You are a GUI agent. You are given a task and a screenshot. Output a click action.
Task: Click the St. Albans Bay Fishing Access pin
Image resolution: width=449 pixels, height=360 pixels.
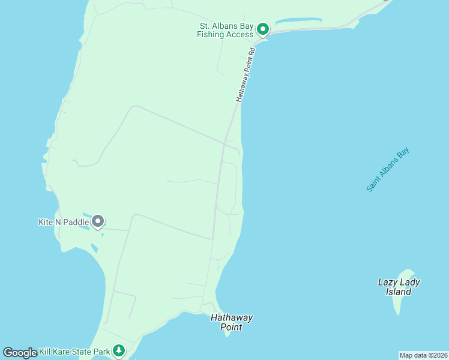(x=262, y=29)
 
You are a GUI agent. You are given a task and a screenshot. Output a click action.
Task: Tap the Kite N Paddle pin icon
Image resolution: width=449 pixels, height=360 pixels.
(x=97, y=222)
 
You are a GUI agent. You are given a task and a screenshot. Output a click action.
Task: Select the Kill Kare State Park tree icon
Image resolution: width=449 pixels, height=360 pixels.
(x=119, y=350)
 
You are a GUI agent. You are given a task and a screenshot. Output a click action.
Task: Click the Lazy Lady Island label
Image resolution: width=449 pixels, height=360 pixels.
(x=399, y=287)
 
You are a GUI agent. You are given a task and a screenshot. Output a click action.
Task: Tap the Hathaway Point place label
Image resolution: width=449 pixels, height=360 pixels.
(x=231, y=322)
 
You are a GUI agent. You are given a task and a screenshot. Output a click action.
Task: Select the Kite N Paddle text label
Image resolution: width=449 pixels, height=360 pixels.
(x=64, y=222)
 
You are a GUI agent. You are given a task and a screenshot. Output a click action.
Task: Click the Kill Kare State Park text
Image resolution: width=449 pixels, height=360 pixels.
(x=75, y=351)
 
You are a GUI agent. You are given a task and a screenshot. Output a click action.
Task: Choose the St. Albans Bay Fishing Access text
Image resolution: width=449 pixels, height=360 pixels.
(x=225, y=30)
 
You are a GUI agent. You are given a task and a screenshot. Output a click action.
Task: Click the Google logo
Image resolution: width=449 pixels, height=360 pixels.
(x=20, y=353)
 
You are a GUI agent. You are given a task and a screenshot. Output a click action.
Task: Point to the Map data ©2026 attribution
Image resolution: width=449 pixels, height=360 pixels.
(x=423, y=355)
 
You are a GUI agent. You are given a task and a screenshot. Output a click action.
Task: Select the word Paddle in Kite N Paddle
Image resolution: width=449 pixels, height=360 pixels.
(x=76, y=222)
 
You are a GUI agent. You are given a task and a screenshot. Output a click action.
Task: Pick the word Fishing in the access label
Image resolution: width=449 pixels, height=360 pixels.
(x=211, y=34)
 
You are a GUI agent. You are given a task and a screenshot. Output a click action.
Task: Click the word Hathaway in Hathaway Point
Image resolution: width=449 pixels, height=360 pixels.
(x=231, y=317)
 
